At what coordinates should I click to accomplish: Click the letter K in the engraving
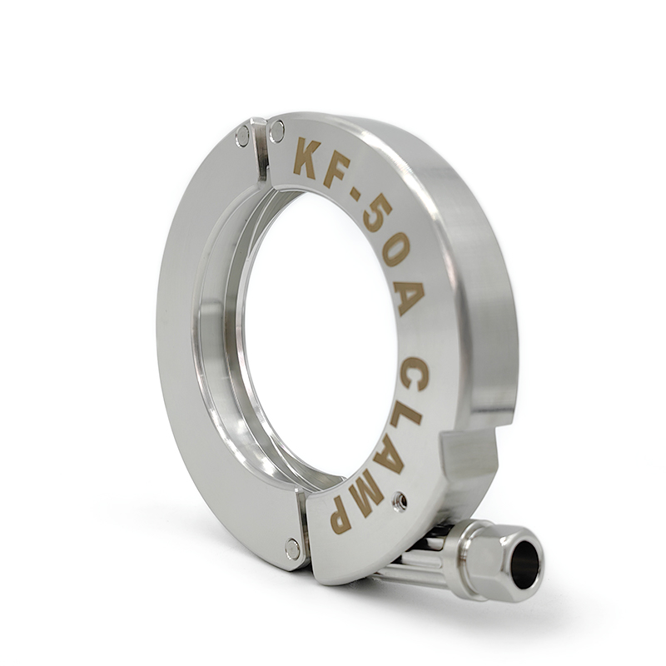coord(307,158)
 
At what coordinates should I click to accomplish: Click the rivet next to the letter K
coord(276,131)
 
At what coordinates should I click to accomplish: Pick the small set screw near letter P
coord(400,500)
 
